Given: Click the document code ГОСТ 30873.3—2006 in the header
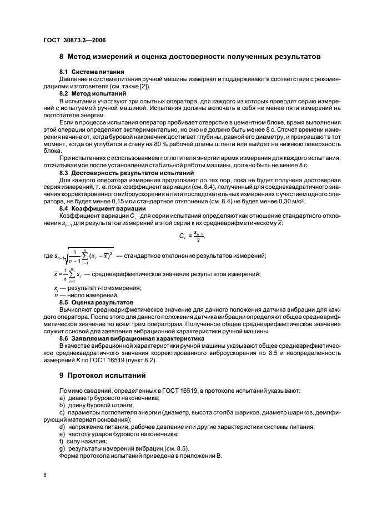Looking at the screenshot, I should (75, 40).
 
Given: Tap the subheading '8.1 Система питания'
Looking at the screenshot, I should (92, 72).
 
